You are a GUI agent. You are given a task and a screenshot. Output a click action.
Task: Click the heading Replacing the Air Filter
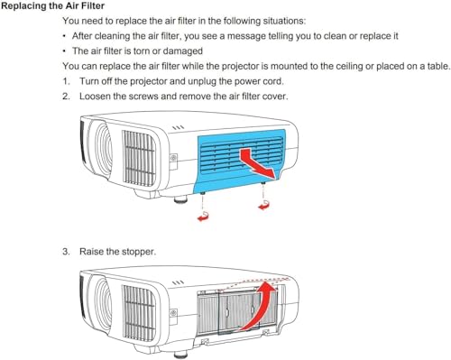53,6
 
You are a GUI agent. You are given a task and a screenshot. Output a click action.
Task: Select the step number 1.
66,81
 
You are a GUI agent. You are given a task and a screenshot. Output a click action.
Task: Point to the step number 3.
66,252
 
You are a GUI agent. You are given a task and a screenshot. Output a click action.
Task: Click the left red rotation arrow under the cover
203,216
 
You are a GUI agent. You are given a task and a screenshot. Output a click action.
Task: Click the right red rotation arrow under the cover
263,205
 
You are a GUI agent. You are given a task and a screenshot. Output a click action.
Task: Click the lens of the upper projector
103,150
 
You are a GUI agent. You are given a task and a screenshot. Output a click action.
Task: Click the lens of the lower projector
103,304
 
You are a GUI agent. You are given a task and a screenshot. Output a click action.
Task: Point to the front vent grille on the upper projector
139,158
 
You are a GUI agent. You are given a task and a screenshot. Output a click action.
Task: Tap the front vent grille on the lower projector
139,313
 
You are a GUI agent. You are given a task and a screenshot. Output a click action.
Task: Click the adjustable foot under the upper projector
179,198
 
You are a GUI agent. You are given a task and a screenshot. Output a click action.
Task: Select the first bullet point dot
64,36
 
